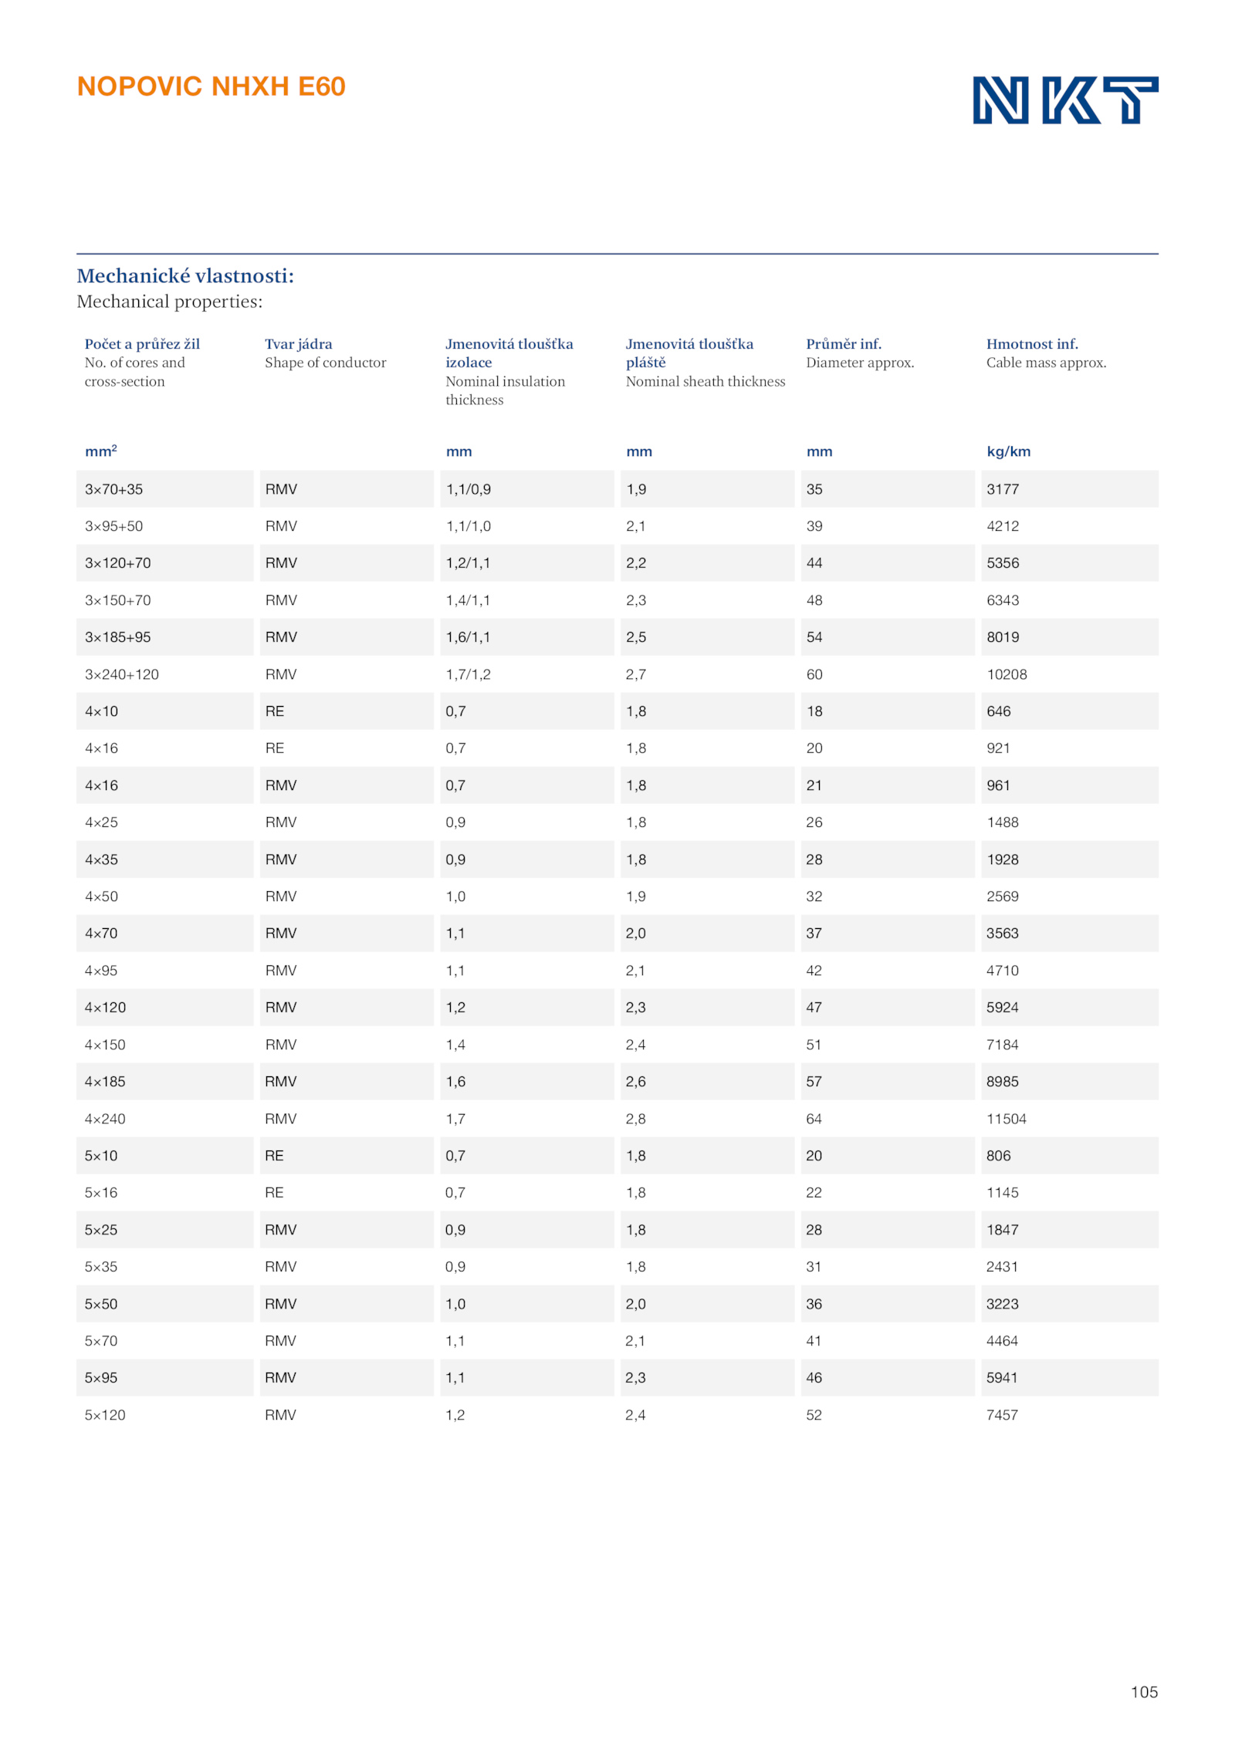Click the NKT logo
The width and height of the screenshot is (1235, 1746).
pyautogui.click(x=1064, y=100)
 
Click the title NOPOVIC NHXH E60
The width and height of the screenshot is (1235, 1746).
pyautogui.click(x=211, y=86)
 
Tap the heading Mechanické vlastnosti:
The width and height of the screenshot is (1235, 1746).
pyautogui.click(x=185, y=275)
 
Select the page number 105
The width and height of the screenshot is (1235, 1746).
pyautogui.click(x=1143, y=1691)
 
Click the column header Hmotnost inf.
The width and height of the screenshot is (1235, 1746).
pyautogui.click(x=1031, y=344)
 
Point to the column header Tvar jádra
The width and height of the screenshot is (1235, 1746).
pyautogui.click(x=298, y=344)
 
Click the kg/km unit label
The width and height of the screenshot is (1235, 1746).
pyautogui.click(x=1007, y=451)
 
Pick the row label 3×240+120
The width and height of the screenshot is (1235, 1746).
pyautogui.click(x=121, y=674)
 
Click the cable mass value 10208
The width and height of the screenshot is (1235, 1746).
pyautogui.click(x=1006, y=674)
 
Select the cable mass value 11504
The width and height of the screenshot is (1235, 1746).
pyautogui.click(x=1006, y=1119)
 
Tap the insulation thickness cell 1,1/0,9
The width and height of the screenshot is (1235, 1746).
pyautogui.click(x=468, y=489)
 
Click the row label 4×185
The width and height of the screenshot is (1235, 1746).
pyautogui.click(x=105, y=1082)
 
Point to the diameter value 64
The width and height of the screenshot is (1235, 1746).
pyautogui.click(x=814, y=1119)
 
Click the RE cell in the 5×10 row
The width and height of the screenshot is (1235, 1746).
pyautogui.click(x=274, y=1156)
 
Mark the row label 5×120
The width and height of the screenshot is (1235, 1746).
pyautogui.click(x=105, y=1415)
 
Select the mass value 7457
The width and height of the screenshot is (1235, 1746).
pyautogui.click(x=1001, y=1415)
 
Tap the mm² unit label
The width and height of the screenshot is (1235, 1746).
pyautogui.click(x=100, y=451)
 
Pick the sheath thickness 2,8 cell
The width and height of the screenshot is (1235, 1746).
pyautogui.click(x=635, y=1119)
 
